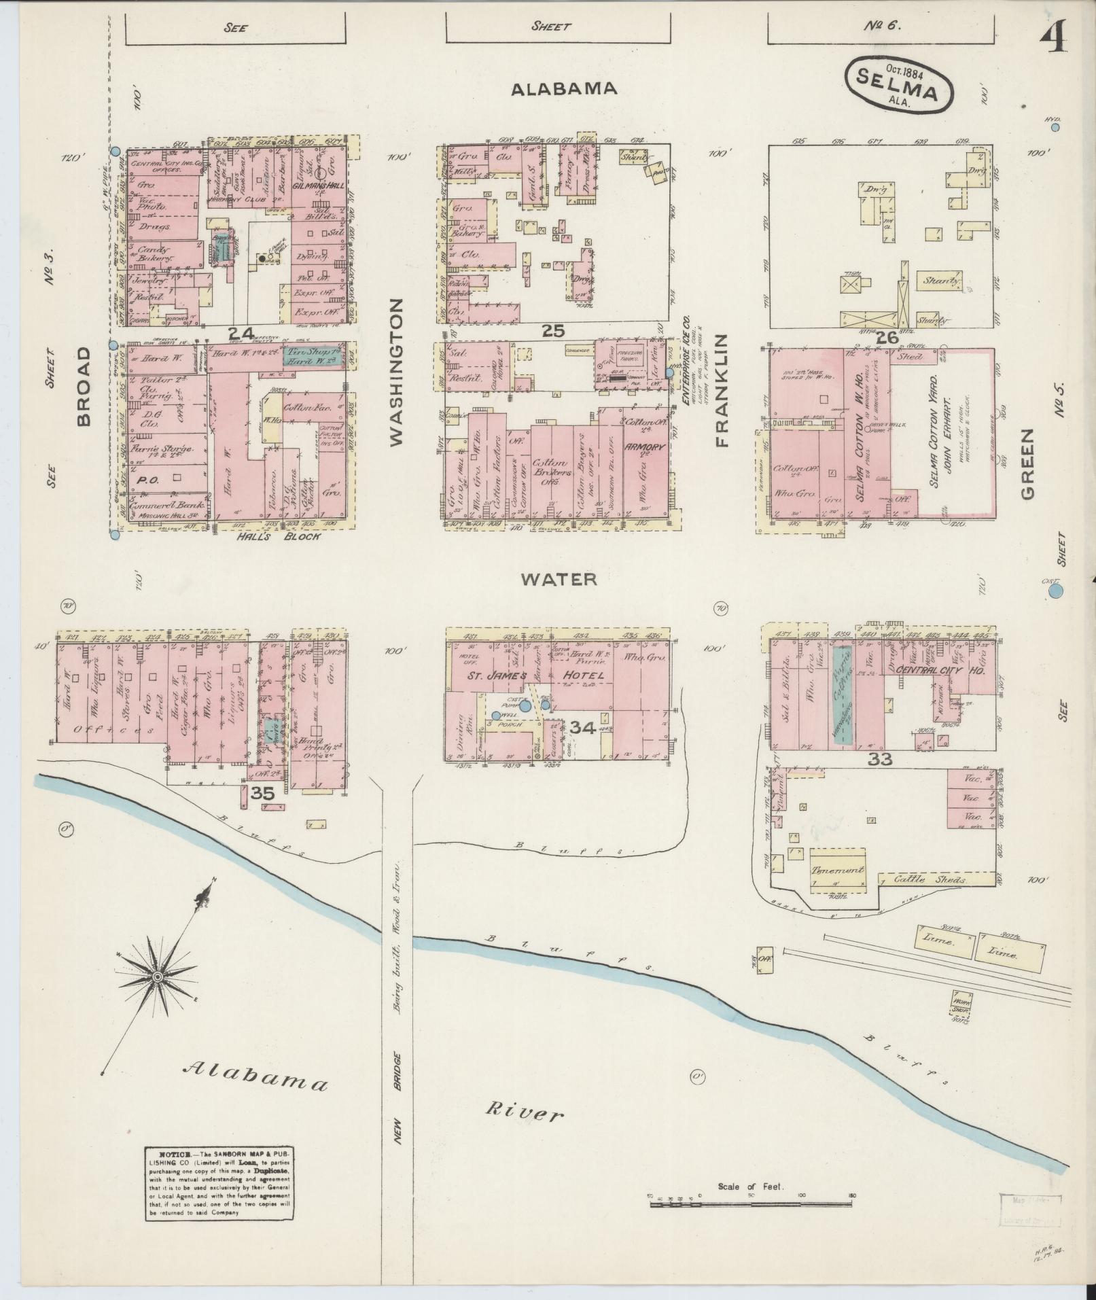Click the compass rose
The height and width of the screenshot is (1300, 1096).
coord(158,977)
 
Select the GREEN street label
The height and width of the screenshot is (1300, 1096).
coord(1025,463)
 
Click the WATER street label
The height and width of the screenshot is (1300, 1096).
coord(559,579)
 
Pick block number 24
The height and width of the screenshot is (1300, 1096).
coord(240,333)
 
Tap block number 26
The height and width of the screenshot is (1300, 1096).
coord(887,336)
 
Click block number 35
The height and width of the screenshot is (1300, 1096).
coord(262,792)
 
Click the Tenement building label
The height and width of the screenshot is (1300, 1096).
coord(837,870)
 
